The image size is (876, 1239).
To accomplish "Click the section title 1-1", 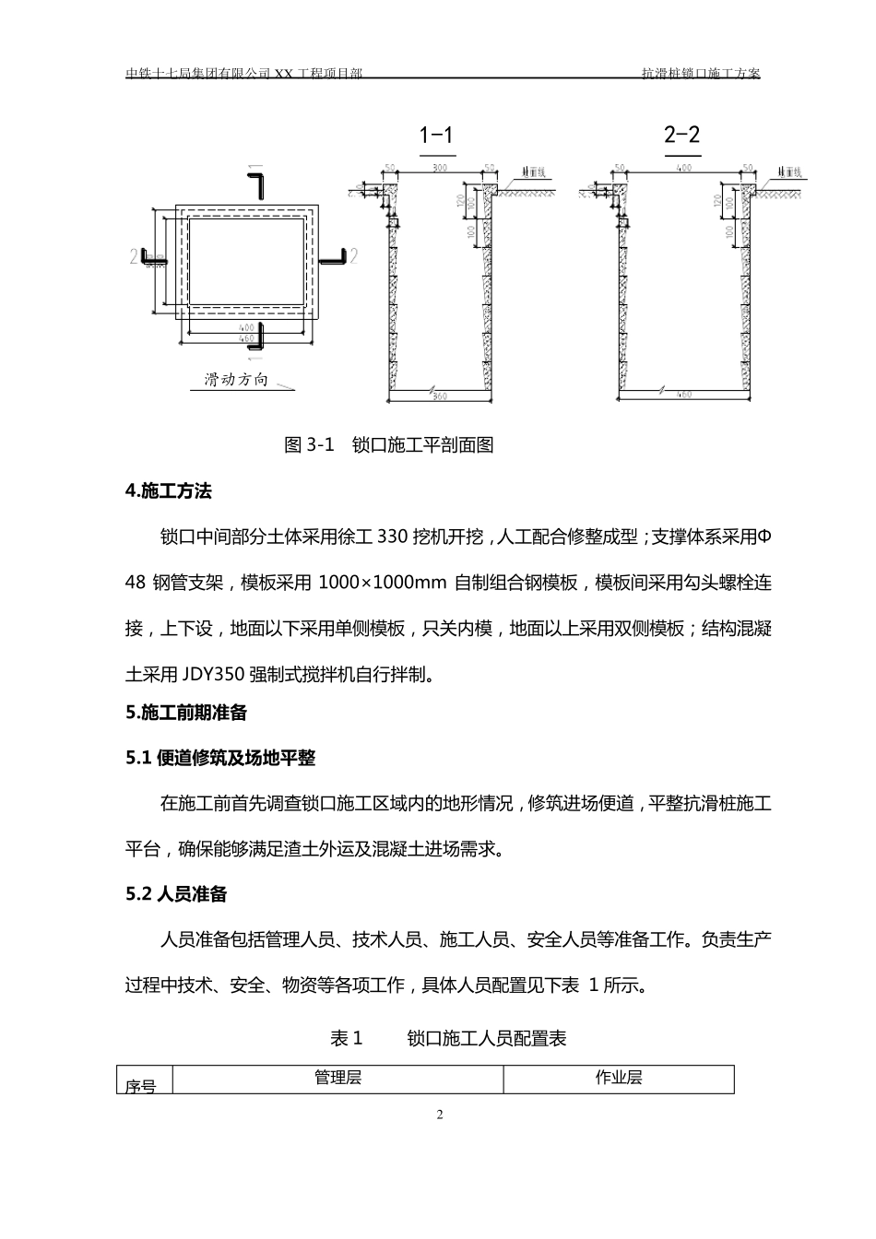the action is point(436,136).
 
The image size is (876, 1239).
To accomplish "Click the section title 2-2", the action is point(681,135).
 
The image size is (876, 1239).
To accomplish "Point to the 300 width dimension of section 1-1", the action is point(440,169).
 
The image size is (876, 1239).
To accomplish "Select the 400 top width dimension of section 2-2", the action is point(683,169).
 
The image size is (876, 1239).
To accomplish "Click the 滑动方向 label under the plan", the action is point(235,380).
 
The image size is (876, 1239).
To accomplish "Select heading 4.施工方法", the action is point(169,491).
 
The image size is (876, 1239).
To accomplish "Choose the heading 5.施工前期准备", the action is point(186,713).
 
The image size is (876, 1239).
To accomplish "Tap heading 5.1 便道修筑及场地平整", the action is point(220,758).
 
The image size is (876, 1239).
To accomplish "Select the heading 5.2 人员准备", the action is point(176,894).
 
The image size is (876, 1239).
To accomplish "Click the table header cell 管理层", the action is point(337,1078).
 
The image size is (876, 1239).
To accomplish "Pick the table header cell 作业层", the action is point(619,1078).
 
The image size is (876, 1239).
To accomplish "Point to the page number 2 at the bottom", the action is point(439,1115).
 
